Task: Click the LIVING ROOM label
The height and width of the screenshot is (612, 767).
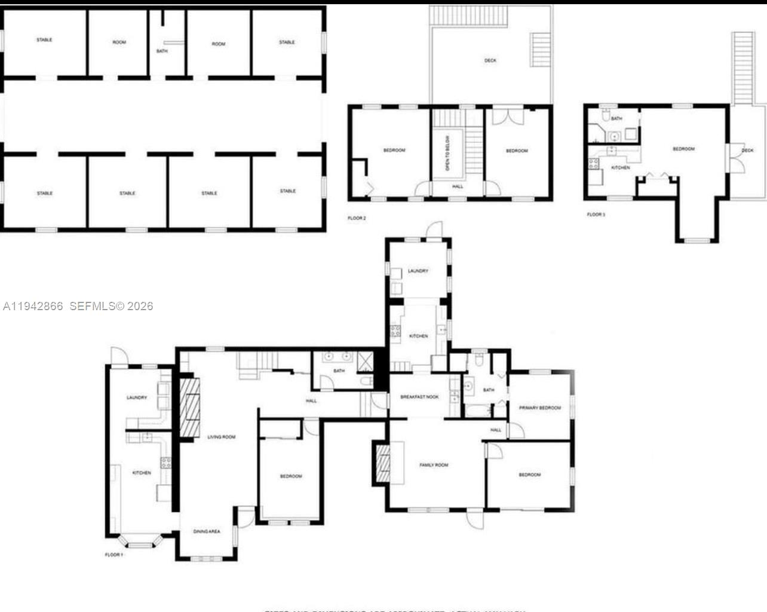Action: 221,437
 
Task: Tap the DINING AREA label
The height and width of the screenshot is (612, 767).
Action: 206,531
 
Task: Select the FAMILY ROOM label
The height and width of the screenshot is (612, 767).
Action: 433,465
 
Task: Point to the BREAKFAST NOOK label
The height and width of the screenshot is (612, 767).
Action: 419,397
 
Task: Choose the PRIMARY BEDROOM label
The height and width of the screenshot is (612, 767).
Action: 539,408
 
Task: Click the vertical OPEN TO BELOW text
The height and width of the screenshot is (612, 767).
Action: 447,153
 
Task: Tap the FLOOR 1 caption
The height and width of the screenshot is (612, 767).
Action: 113,555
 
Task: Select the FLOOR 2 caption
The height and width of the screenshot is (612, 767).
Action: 357,218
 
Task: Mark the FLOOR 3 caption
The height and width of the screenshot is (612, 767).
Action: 596,215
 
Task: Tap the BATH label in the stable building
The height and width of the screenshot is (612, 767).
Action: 162,51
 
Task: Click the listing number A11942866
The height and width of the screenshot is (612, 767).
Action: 33,306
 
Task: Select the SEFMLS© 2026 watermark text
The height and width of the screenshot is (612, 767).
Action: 111,306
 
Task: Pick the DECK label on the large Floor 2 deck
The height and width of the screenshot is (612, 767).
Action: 490,60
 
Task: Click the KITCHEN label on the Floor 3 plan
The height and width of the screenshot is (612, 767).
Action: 620,168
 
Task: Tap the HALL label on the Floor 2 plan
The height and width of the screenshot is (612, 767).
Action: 457,186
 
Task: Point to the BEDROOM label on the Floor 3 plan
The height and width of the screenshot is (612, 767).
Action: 683,149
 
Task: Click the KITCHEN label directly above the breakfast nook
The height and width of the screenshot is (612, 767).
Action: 418,336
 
